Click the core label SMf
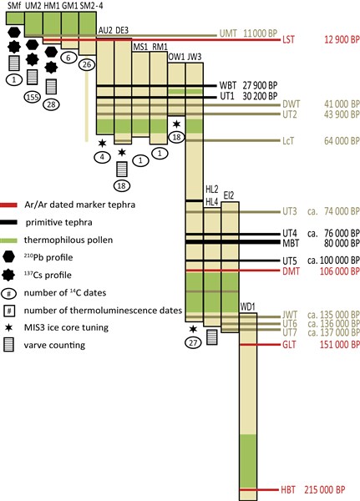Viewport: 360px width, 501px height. (x=14, y=6)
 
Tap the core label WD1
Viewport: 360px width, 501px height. (x=247, y=307)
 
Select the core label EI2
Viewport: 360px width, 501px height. (x=229, y=195)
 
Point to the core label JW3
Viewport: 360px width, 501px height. (x=194, y=57)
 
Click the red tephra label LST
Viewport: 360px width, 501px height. (x=288, y=40)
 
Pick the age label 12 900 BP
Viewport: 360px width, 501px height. (x=342, y=40)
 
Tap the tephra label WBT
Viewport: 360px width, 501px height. (x=228, y=86)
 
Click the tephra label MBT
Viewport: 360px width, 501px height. (x=291, y=243)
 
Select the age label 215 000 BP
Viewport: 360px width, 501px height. (x=325, y=490)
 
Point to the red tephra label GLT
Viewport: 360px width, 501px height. (x=289, y=345)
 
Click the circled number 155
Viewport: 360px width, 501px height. (x=33, y=97)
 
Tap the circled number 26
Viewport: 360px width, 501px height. (x=87, y=64)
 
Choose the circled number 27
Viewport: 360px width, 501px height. (x=193, y=343)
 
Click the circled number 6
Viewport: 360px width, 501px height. (x=68, y=58)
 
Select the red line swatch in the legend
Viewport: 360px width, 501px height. (x=8, y=205)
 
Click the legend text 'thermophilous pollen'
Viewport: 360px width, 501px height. (x=68, y=240)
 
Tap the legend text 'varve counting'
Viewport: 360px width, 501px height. (x=54, y=345)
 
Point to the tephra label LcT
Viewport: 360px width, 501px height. (x=287, y=141)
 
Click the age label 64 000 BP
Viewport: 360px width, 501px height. (x=342, y=141)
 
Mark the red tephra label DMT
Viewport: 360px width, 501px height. (x=291, y=271)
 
